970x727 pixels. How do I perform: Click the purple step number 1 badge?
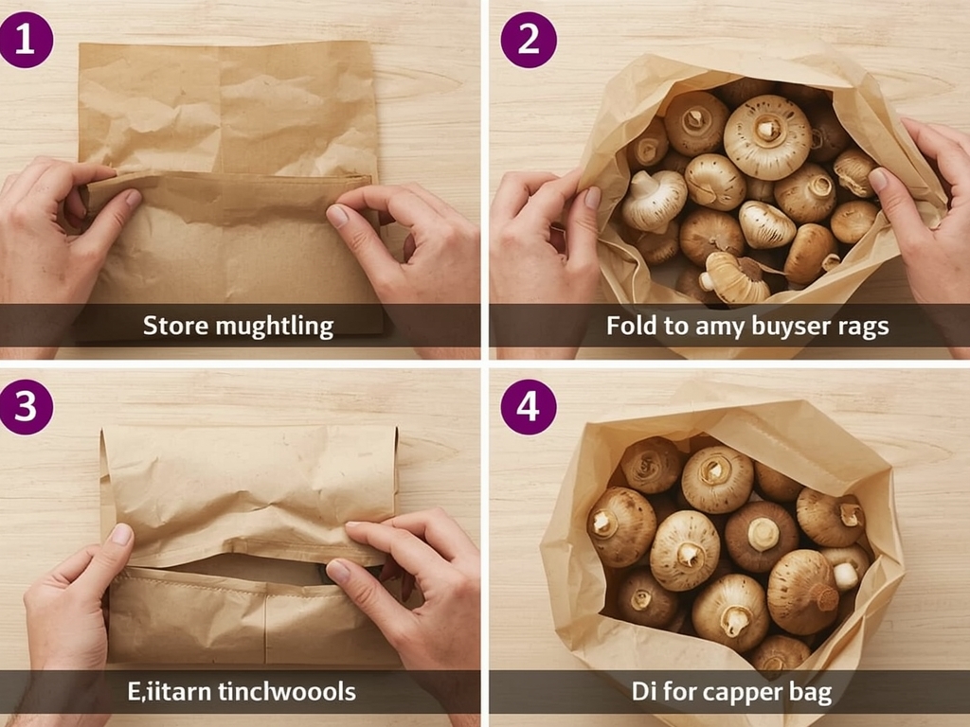pos(26,40)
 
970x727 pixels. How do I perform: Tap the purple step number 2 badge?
pos(529,40)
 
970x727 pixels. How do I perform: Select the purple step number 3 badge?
pos(26,406)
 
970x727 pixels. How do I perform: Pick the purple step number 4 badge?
pos(529,406)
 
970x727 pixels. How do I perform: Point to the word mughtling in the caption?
pos(274,328)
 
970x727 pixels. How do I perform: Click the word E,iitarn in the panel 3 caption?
pos(167,691)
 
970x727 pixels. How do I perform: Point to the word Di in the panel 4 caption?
pos(643,691)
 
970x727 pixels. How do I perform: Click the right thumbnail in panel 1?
pos(338,216)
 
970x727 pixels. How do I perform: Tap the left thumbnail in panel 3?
pos(121,535)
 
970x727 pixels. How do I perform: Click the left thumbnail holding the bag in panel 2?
pos(591,197)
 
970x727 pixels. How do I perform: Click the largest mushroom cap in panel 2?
pos(766,136)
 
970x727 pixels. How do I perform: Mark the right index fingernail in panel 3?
pos(338,571)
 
